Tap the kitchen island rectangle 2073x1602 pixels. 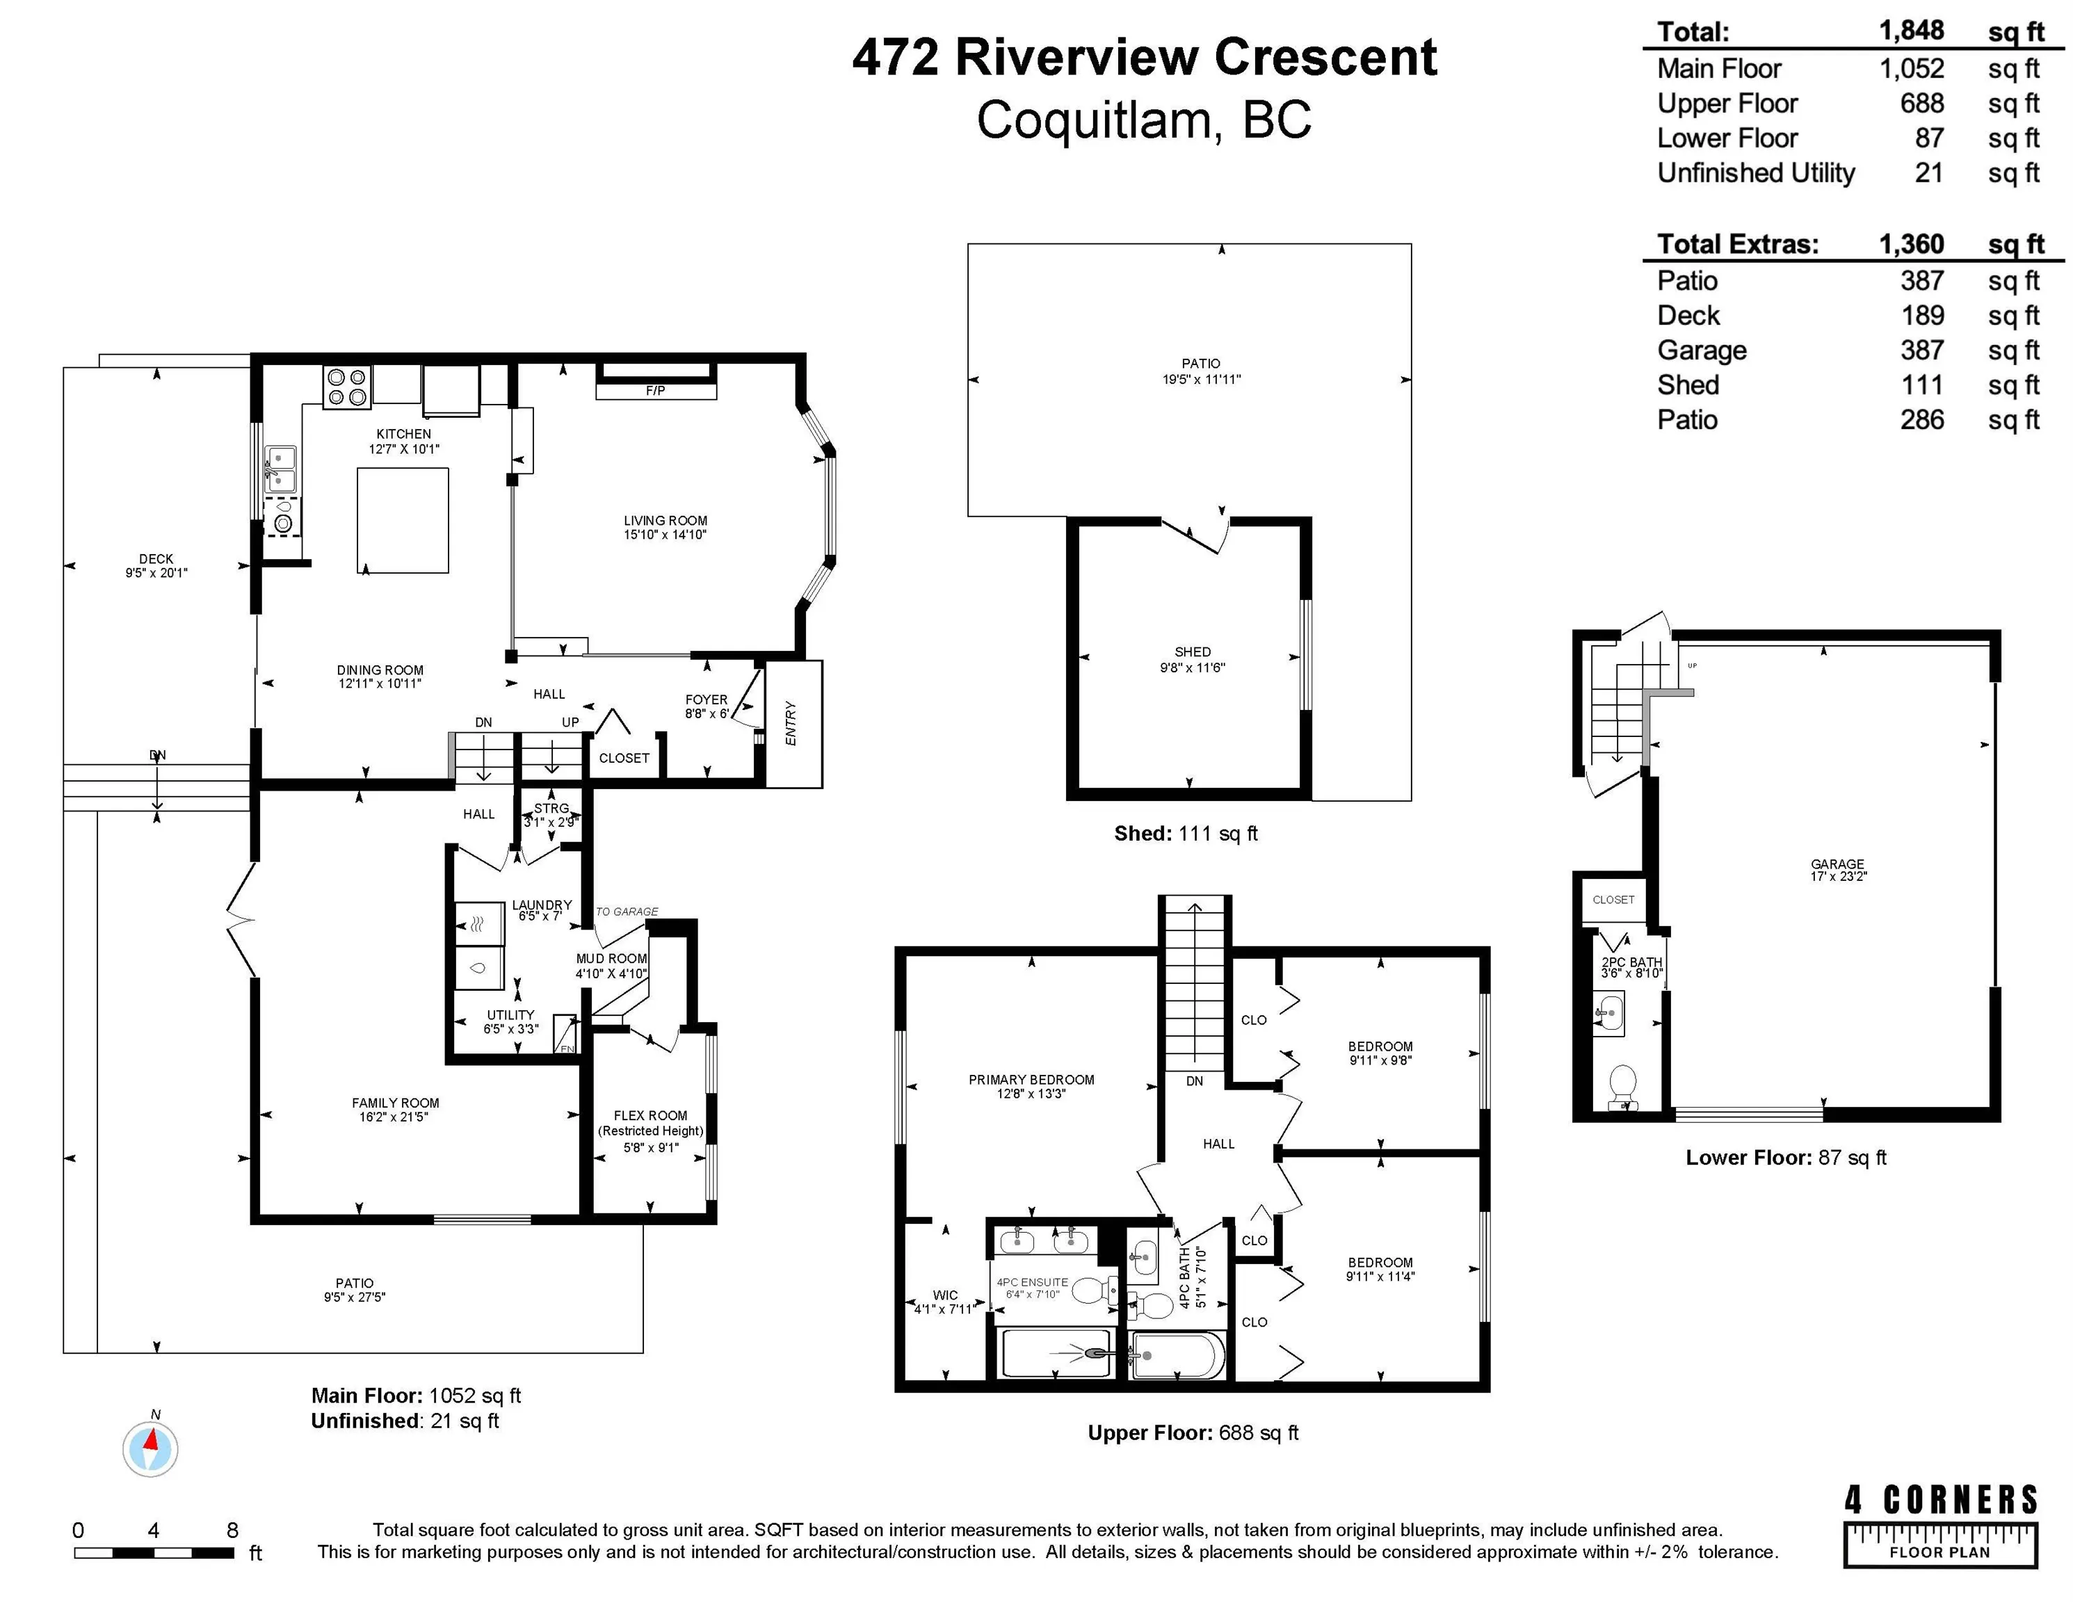pos(403,520)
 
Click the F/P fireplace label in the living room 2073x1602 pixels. pos(655,390)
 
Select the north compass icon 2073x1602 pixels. pos(150,1449)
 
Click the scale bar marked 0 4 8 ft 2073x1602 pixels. pos(154,1553)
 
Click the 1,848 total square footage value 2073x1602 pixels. pos(1912,31)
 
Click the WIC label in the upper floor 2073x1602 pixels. pos(945,1295)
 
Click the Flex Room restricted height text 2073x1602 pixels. pos(650,1131)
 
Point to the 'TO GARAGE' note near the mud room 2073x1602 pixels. pos(627,911)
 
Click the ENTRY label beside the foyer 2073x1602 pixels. pos(791,723)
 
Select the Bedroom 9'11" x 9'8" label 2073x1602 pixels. pos(1380,1053)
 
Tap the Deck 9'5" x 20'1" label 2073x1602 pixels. pos(156,565)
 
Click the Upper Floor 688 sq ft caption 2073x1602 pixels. pos(1192,1433)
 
